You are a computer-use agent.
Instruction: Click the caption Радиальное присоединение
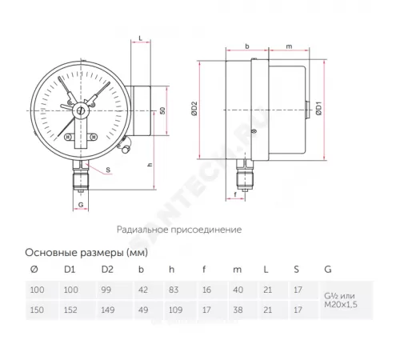tap(178, 229)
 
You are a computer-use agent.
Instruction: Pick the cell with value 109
tap(176, 308)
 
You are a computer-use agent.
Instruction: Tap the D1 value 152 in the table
tap(70, 308)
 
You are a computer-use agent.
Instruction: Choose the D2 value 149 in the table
tap(106, 308)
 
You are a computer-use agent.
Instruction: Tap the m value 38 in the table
tap(237, 308)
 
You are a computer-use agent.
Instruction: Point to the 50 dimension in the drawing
tap(162, 110)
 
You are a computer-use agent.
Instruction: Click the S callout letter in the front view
tap(108, 170)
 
